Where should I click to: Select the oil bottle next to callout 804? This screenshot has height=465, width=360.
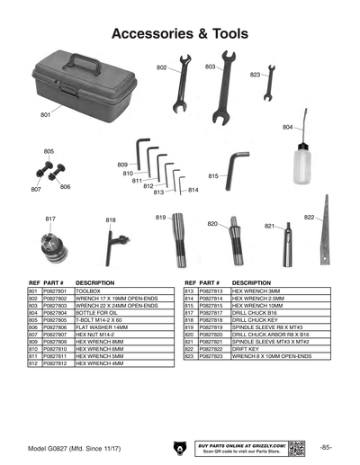(303, 163)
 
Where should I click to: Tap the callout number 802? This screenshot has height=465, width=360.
(162, 67)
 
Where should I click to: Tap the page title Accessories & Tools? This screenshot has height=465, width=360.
(179, 33)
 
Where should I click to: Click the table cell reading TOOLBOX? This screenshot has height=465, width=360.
(88, 292)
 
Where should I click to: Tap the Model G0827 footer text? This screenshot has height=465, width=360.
(72, 447)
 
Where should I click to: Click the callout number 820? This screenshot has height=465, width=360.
(212, 223)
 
